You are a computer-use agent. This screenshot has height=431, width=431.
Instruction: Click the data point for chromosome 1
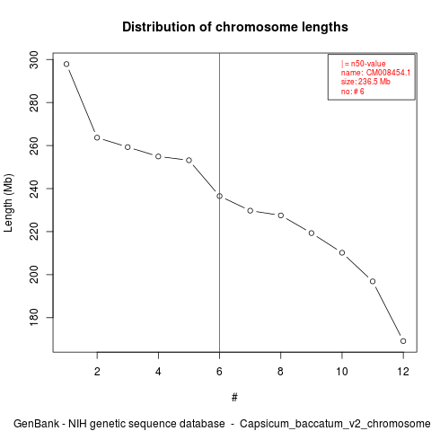(66, 64)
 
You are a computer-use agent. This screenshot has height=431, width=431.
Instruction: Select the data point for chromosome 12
(403, 341)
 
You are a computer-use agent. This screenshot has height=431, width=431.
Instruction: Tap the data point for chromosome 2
(97, 137)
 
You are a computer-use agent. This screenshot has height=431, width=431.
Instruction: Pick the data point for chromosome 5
(189, 161)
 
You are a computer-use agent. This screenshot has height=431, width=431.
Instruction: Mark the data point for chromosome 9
(312, 233)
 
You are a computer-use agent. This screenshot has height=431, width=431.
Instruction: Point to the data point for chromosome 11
(373, 281)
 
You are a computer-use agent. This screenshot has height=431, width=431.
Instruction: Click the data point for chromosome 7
(251, 211)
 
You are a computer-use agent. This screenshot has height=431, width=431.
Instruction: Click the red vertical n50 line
(219, 203)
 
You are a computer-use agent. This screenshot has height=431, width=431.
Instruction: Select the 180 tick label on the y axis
(34, 317)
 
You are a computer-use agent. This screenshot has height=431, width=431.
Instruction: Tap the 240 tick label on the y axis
(34, 189)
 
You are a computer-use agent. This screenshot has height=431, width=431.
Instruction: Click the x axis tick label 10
(342, 372)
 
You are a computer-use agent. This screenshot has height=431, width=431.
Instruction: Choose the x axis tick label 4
(158, 372)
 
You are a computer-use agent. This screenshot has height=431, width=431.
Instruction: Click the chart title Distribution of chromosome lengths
(235, 27)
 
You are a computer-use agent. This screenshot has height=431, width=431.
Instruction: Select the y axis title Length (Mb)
(8, 203)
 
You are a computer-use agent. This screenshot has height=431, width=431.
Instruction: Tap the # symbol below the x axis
(234, 398)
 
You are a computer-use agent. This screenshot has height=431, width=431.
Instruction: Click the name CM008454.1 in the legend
(388, 73)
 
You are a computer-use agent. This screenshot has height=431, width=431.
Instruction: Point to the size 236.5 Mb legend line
(365, 82)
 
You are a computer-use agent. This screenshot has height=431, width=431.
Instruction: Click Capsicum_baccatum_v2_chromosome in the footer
(335, 424)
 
